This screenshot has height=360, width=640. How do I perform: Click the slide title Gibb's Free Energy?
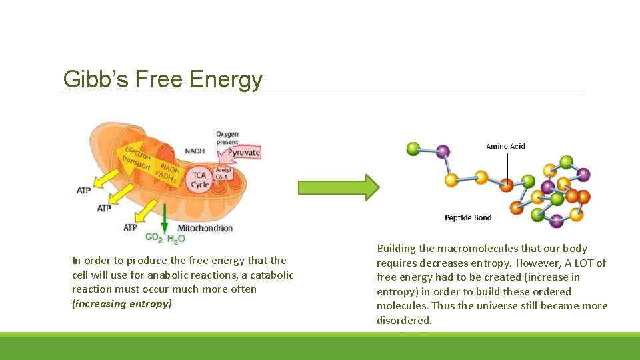tap(163, 79)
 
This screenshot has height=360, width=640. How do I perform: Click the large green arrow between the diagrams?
tap(338, 187)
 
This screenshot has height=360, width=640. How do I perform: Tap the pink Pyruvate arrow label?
tap(243, 153)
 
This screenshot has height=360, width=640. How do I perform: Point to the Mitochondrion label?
tap(205, 228)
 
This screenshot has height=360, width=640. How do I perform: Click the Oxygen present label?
tap(227, 138)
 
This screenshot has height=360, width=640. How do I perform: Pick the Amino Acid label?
tap(506, 146)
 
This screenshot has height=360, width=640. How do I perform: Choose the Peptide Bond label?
tap(467, 217)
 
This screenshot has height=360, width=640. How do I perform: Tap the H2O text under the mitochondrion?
tap(176, 239)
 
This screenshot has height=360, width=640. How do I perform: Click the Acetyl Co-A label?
tap(223, 173)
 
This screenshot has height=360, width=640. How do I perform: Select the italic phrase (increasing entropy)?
tap(122, 304)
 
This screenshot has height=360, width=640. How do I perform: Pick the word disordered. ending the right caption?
tap(404, 320)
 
